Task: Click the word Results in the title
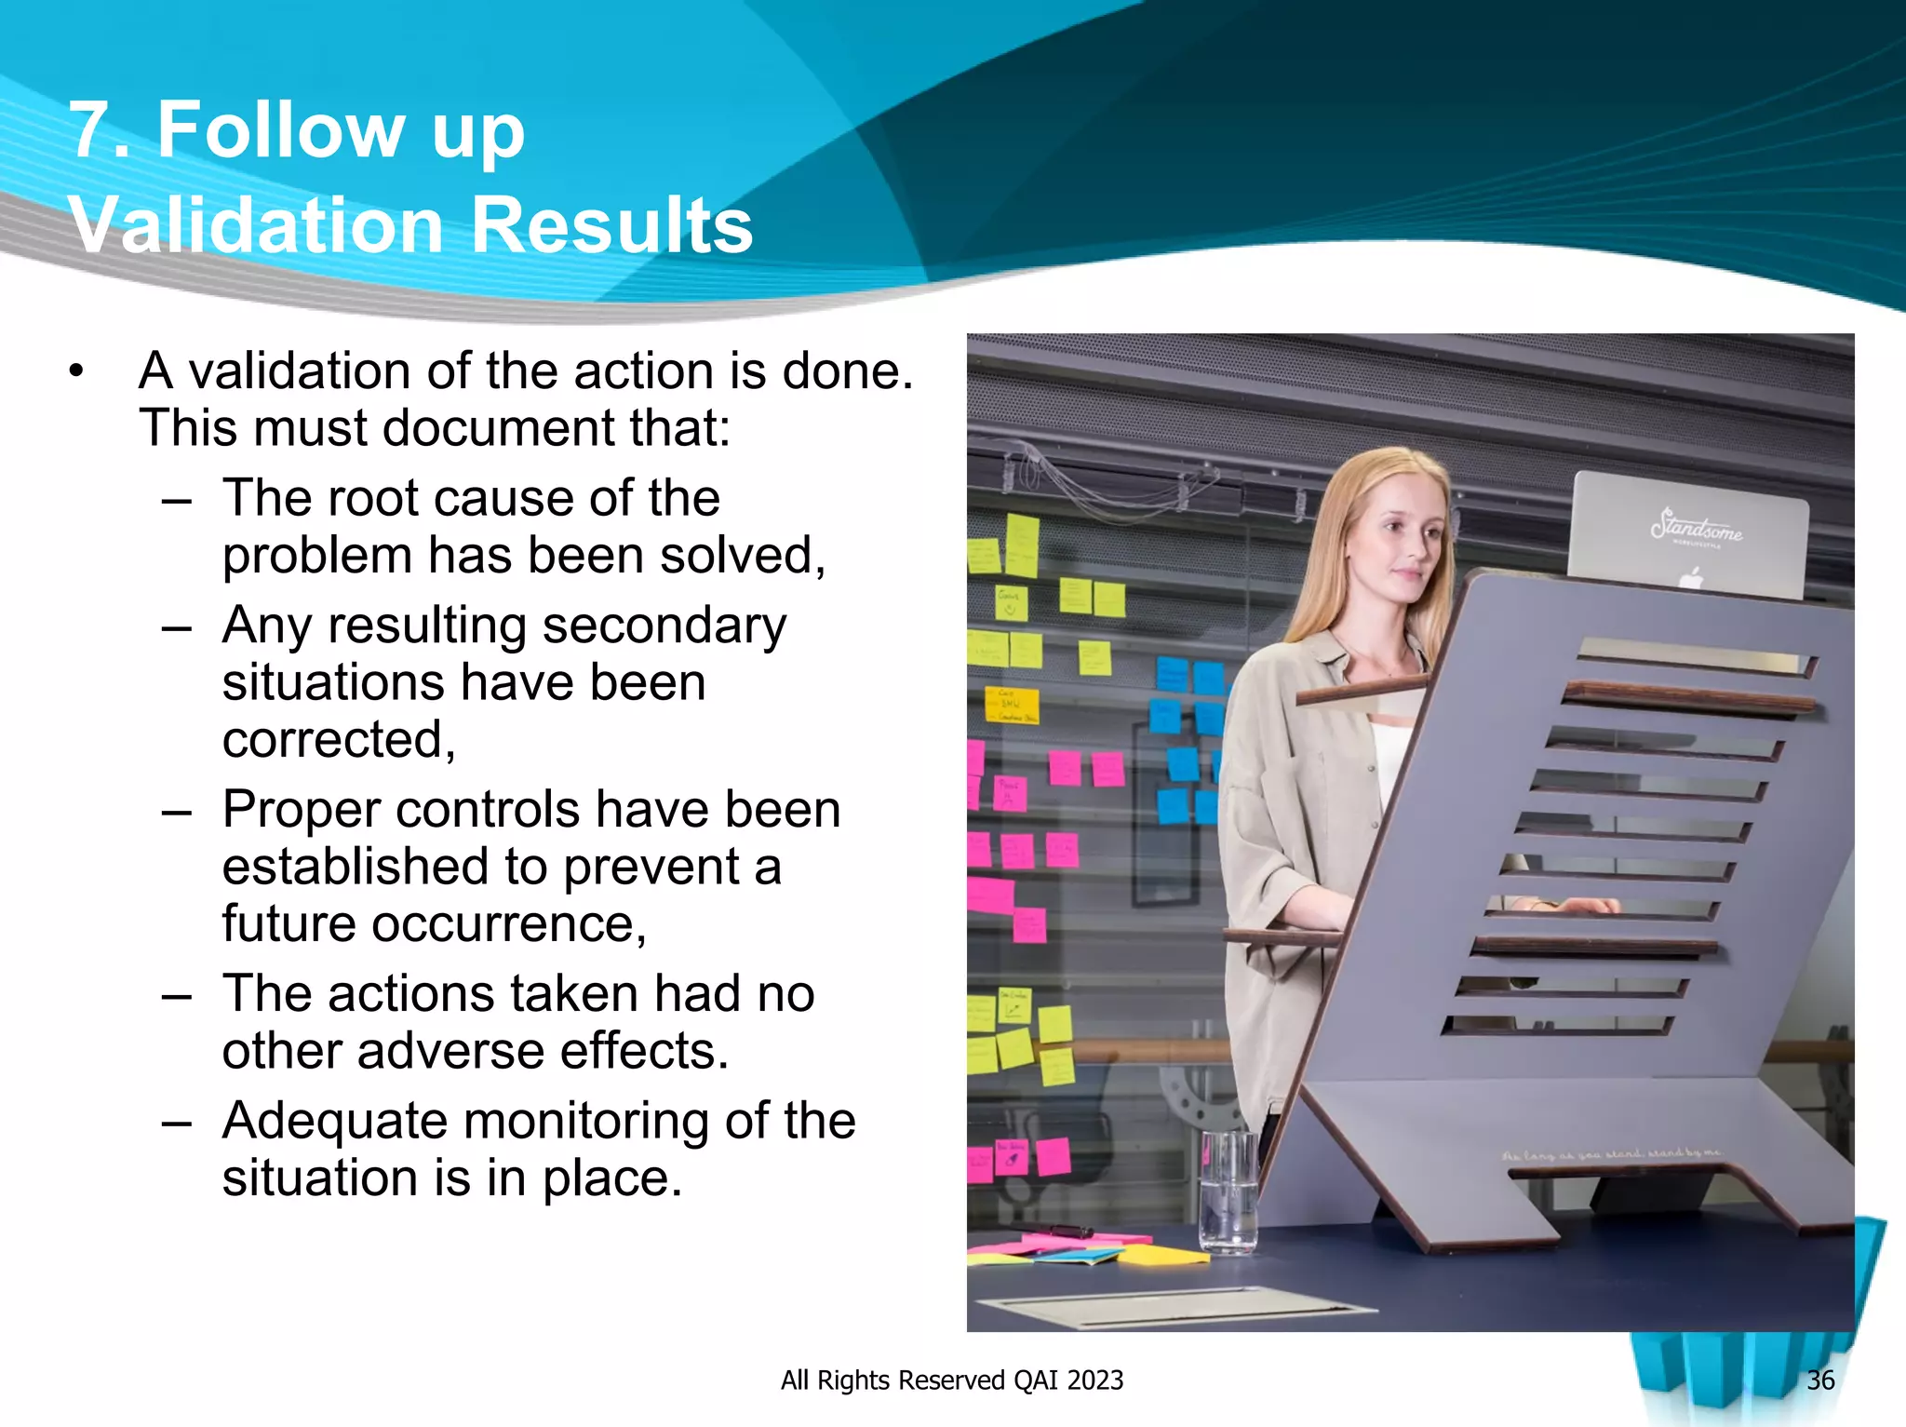611,225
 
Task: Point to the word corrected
338,740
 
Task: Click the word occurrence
503,924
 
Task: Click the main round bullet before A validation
76,372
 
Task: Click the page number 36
1819,1380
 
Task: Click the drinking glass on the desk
1228,1191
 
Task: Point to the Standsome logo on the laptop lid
1696,527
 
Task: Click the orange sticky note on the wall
1012,707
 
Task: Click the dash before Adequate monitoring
176,1123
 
